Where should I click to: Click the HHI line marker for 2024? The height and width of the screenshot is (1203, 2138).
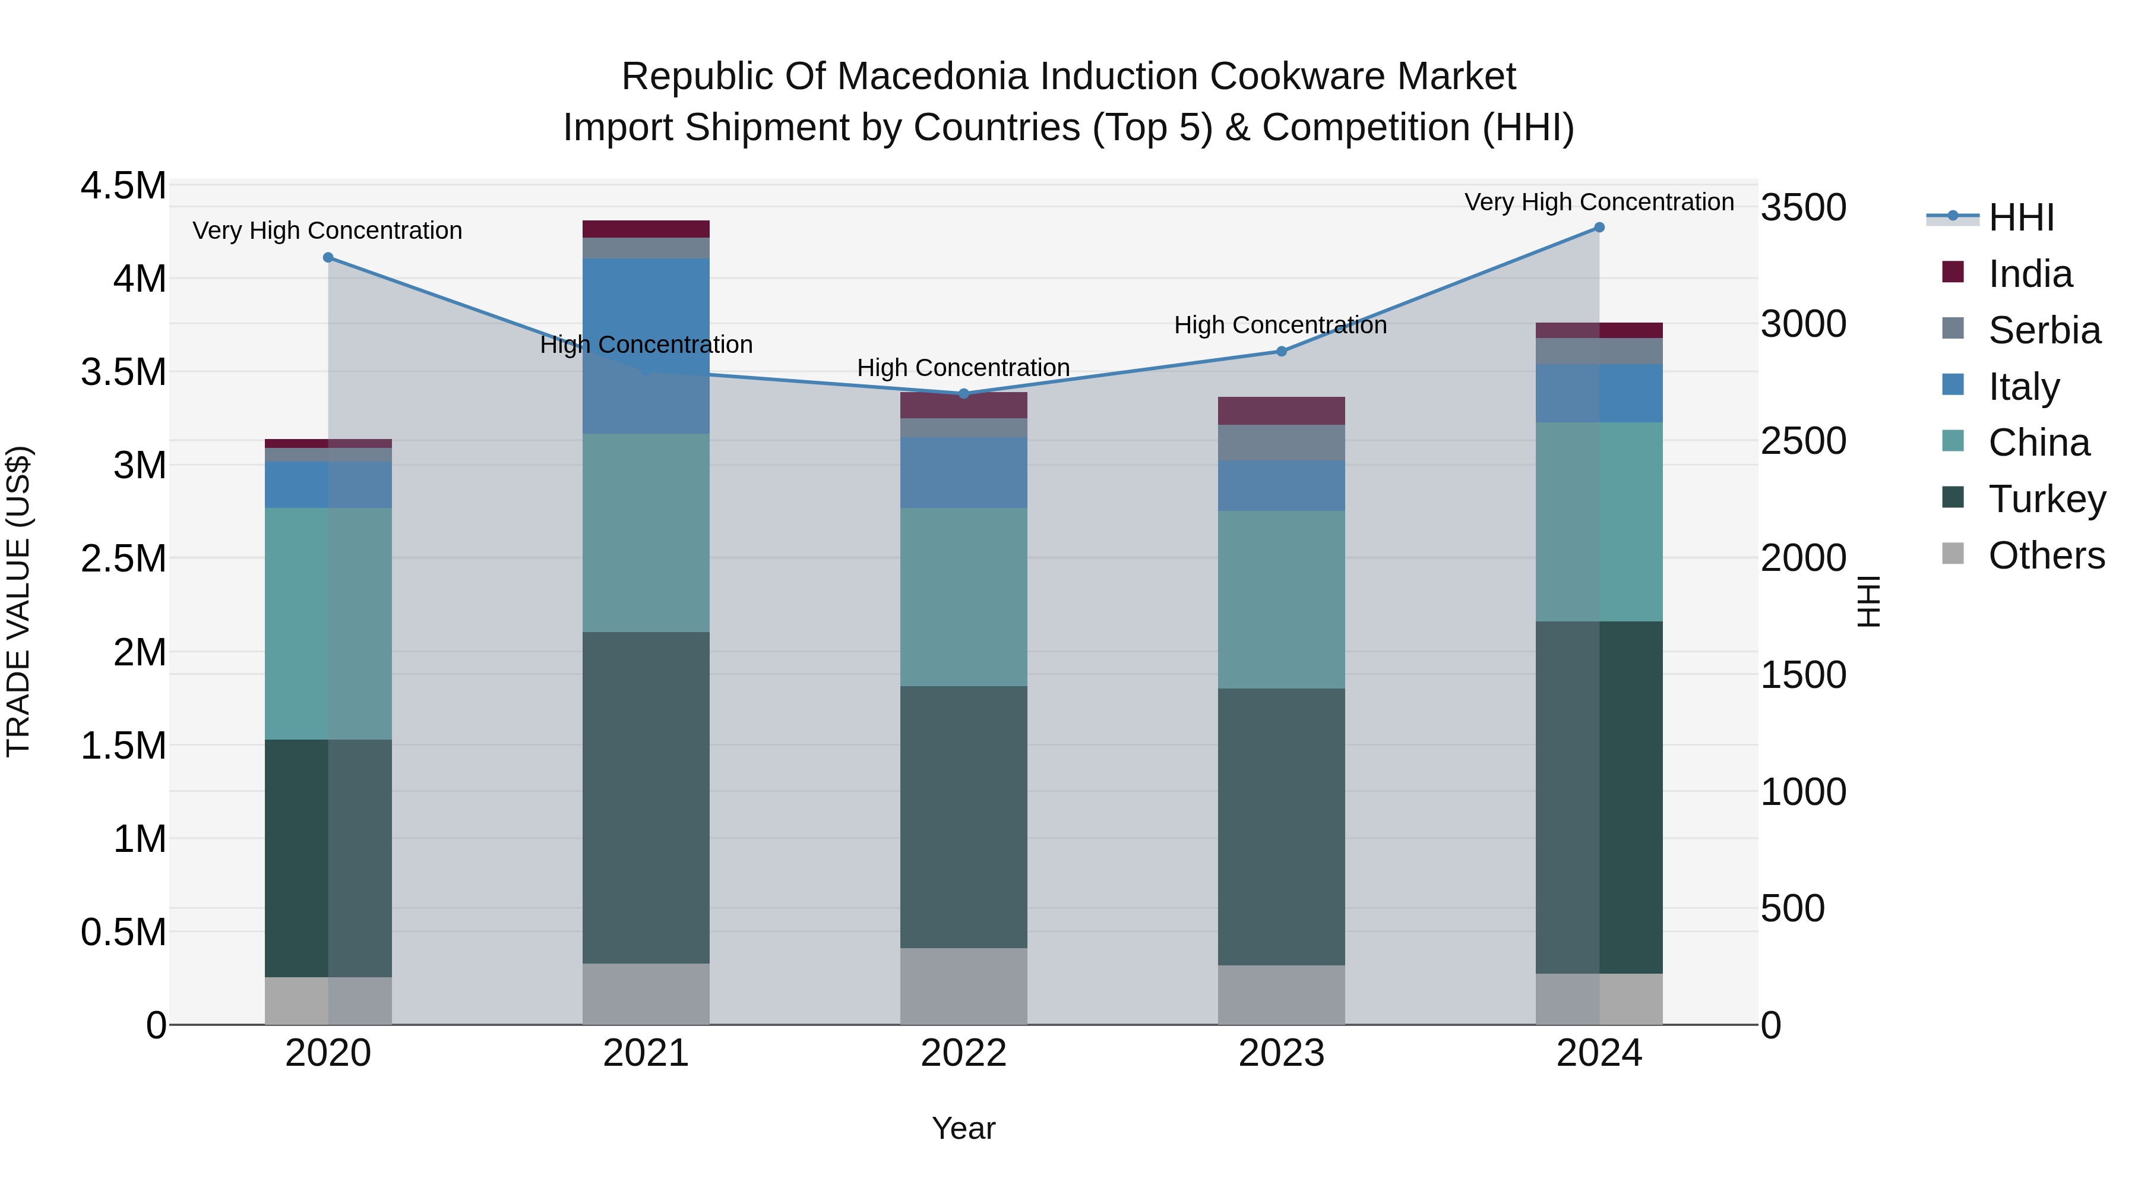click(1599, 228)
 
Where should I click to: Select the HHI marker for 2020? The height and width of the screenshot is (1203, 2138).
click(328, 257)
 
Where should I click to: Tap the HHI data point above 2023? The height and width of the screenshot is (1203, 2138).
click(1280, 351)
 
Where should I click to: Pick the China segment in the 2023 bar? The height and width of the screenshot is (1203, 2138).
click(1280, 599)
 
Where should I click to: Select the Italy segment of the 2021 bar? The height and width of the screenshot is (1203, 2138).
click(646, 345)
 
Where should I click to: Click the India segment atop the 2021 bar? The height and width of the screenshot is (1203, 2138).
click(646, 229)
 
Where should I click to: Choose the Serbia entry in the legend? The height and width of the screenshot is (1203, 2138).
click(2044, 330)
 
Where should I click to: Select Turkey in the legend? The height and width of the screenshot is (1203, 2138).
click(2046, 499)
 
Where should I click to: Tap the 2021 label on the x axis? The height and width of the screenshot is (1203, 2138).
click(646, 1053)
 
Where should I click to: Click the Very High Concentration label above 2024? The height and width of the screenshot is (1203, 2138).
click(1599, 202)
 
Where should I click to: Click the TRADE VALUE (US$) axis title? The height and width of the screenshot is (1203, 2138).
click(18, 601)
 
